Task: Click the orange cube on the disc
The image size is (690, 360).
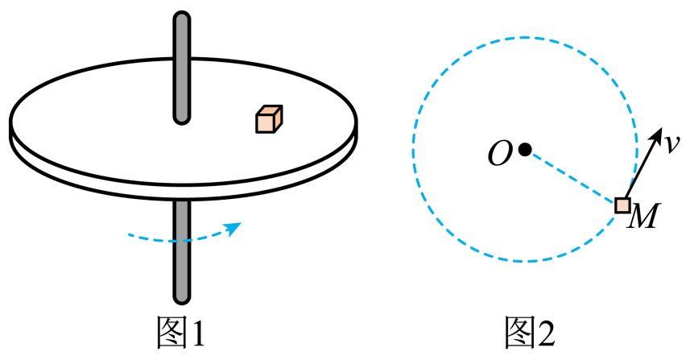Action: click(x=269, y=119)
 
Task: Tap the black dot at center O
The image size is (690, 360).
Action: click(x=524, y=150)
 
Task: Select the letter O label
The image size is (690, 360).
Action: click(x=500, y=154)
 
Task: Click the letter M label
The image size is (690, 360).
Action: click(x=643, y=216)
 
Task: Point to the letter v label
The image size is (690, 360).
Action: click(x=672, y=144)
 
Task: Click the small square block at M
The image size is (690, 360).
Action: click(x=622, y=205)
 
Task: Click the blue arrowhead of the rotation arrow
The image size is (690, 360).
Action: click(x=233, y=228)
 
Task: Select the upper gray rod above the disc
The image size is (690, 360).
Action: click(x=182, y=68)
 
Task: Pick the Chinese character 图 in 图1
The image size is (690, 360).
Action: click(x=172, y=333)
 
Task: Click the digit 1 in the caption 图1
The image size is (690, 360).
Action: click(x=198, y=333)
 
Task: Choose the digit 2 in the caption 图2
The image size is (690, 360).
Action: click(x=547, y=333)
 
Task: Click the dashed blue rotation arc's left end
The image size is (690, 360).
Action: click(x=129, y=235)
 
